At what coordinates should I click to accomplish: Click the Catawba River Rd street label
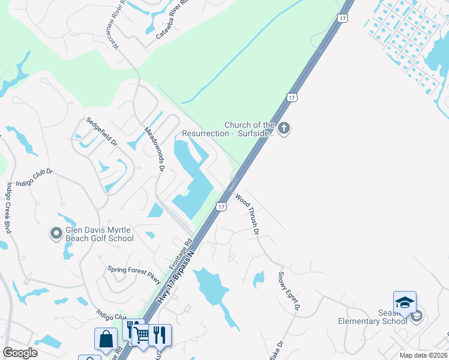(172, 25)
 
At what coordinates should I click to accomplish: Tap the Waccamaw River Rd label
(113, 37)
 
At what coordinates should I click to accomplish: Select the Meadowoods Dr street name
(154, 148)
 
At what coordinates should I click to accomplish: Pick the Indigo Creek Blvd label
(8, 207)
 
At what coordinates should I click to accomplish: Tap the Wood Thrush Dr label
(248, 214)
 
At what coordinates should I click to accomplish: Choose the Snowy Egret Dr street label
(288, 291)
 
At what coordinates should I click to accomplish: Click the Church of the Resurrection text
(249, 129)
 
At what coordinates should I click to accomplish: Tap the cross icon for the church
(284, 128)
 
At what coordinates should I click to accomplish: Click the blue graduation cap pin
(405, 302)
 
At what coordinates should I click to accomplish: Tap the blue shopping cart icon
(142, 334)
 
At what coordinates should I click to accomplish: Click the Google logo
(20, 353)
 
